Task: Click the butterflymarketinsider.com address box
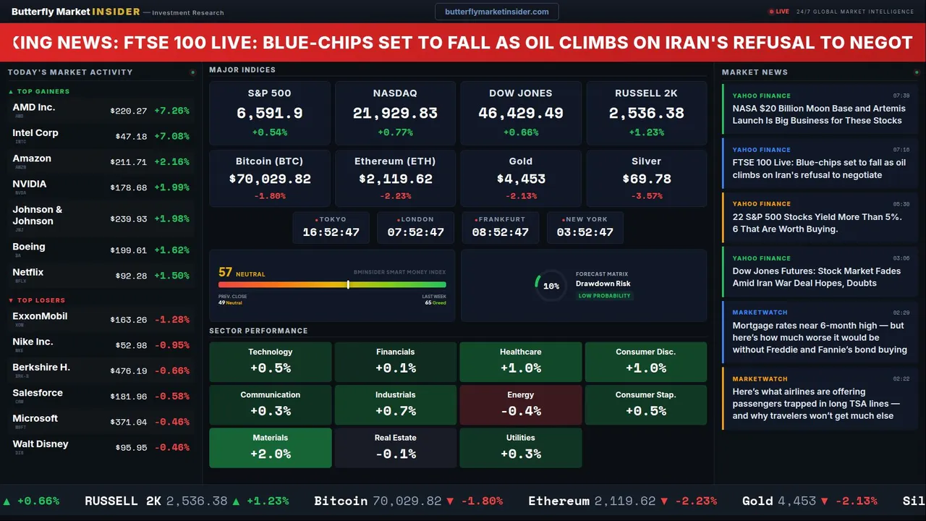click(x=496, y=12)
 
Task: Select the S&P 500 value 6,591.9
click(x=270, y=113)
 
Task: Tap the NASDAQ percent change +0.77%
click(x=395, y=132)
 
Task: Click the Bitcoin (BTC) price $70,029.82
click(x=270, y=179)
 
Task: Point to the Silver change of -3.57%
click(x=646, y=196)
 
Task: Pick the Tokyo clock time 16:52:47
click(x=331, y=232)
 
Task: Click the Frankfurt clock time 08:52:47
click(x=500, y=232)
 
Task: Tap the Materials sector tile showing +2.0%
click(x=271, y=447)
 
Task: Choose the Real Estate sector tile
click(x=395, y=447)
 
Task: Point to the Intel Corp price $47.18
click(x=131, y=136)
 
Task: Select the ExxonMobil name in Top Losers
click(x=40, y=316)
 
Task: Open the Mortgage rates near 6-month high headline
click(x=819, y=338)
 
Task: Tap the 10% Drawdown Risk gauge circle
click(x=551, y=286)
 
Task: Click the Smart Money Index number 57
click(x=225, y=272)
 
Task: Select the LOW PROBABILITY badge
click(x=604, y=296)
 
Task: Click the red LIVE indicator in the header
click(x=779, y=12)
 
